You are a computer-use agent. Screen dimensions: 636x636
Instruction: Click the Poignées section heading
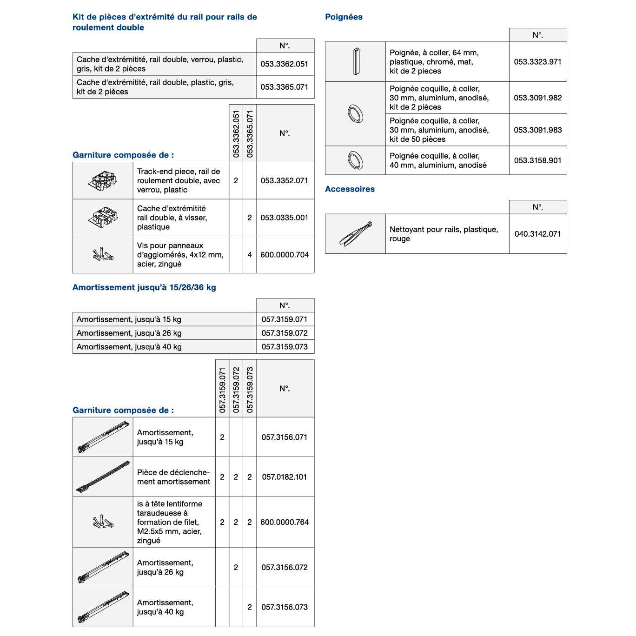pos(344,17)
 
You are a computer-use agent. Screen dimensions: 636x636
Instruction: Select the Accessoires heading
pos(350,189)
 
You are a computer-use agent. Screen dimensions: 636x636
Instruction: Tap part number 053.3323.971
pos(537,62)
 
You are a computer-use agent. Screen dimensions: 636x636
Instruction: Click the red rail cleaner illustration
pos(356,234)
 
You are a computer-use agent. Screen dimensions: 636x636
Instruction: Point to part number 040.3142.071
pos(537,234)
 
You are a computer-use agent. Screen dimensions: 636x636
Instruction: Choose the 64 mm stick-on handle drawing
pos(356,61)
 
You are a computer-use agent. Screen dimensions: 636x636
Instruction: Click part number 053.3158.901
pos(537,160)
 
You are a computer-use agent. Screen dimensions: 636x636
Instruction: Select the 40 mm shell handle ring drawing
pos(356,160)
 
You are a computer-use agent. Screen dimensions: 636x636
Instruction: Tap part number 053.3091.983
pos(537,130)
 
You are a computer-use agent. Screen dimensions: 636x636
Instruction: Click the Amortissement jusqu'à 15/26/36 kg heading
pos(144,287)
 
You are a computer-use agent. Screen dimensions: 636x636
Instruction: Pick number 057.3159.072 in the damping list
pos(285,333)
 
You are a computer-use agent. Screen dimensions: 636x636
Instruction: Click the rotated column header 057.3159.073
pos(250,390)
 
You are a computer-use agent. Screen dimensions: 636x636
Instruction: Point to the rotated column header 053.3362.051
pos(236,134)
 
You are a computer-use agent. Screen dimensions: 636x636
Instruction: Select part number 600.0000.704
pos(285,255)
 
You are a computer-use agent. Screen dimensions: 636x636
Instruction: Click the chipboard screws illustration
pos(103,254)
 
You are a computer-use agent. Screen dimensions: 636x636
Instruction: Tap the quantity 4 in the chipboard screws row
pos(250,255)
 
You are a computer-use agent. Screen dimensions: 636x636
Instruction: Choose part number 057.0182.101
pos(285,477)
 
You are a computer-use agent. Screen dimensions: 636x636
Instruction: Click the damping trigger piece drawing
pos(103,477)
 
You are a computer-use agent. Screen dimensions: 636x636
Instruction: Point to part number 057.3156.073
pos(285,607)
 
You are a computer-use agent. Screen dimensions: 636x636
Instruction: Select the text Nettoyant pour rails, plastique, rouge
pos(444,234)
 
